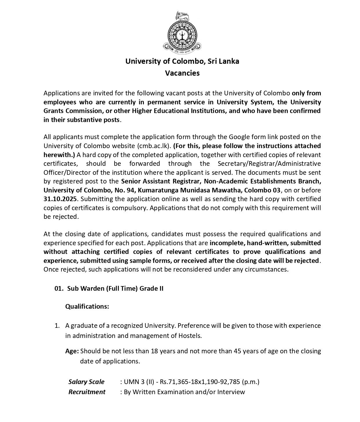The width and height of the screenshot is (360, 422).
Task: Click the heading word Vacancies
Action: [182, 73]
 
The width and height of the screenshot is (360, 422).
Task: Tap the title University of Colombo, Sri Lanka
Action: [182, 61]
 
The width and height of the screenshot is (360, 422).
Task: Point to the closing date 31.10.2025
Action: [60, 199]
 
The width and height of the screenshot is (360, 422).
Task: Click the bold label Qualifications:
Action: [87, 306]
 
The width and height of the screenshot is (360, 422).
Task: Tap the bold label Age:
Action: [72, 351]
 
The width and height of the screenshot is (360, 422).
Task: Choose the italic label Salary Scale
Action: [86, 382]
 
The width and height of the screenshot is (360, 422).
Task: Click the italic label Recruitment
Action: [87, 392]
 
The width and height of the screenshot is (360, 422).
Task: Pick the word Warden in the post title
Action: [93, 289]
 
